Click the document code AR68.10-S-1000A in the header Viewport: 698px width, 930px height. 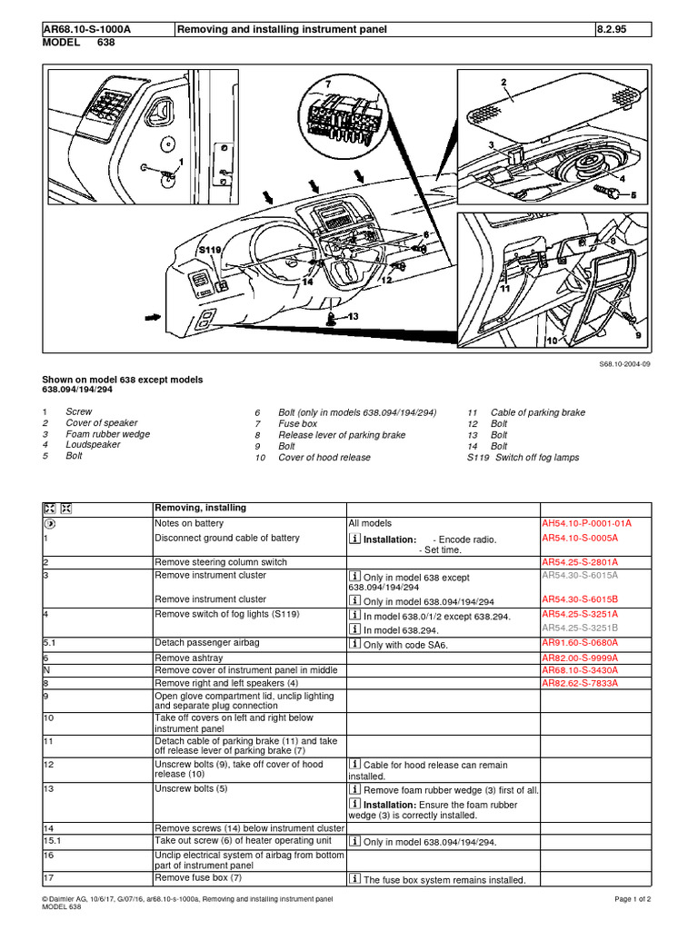(87, 29)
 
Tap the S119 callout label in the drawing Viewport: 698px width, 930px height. (210, 248)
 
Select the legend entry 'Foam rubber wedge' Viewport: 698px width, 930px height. (107, 434)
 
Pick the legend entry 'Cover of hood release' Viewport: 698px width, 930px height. (324, 458)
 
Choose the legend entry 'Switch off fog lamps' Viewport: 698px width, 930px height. (536, 458)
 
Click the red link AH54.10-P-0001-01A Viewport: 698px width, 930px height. (586, 524)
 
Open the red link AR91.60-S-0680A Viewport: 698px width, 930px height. (580, 643)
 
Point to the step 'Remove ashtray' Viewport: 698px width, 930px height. (186, 657)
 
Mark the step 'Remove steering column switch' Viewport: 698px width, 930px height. (221, 562)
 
